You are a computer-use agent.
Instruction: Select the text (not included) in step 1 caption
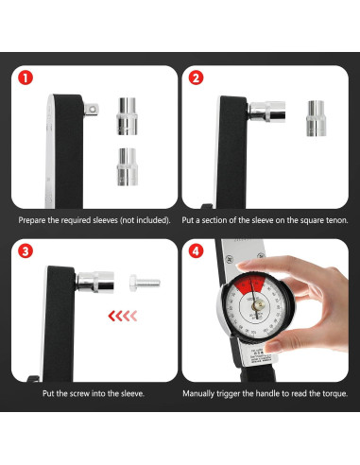coord(144,219)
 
